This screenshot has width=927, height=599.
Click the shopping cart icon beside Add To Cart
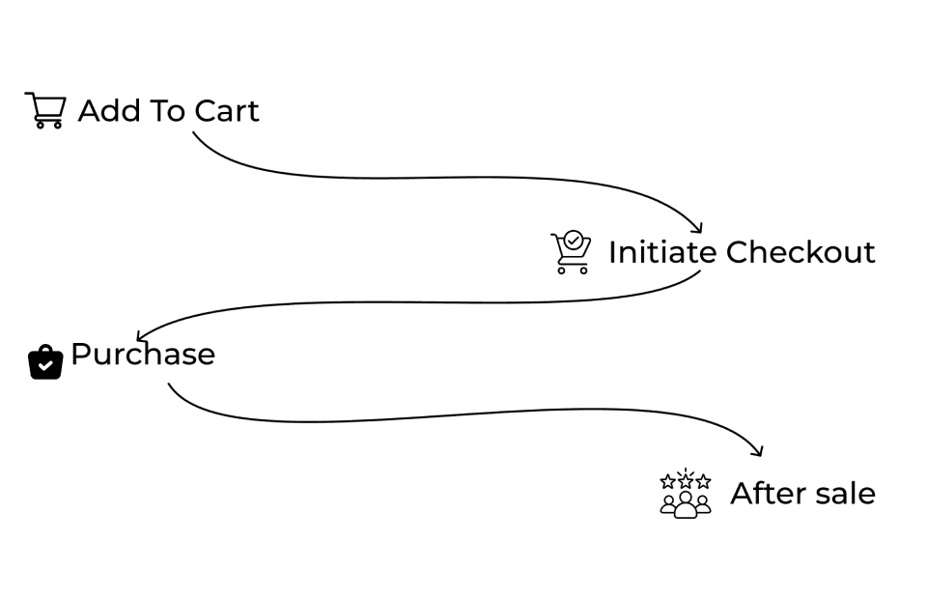click(44, 110)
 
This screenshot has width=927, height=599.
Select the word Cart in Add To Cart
click(227, 111)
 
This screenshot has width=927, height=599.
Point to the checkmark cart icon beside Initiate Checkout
click(570, 253)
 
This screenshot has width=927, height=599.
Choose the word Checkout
click(801, 252)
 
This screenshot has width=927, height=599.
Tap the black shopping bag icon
click(45, 361)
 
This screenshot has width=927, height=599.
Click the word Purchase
click(143, 355)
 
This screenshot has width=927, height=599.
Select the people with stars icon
click(686, 494)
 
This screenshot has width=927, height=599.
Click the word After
click(766, 494)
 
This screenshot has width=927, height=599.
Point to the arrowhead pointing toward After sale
click(759, 451)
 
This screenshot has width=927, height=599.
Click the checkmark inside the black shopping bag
click(45, 366)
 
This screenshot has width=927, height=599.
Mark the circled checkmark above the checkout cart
click(574, 239)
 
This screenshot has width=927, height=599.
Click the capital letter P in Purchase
click(81, 355)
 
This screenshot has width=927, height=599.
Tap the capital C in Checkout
click(739, 252)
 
